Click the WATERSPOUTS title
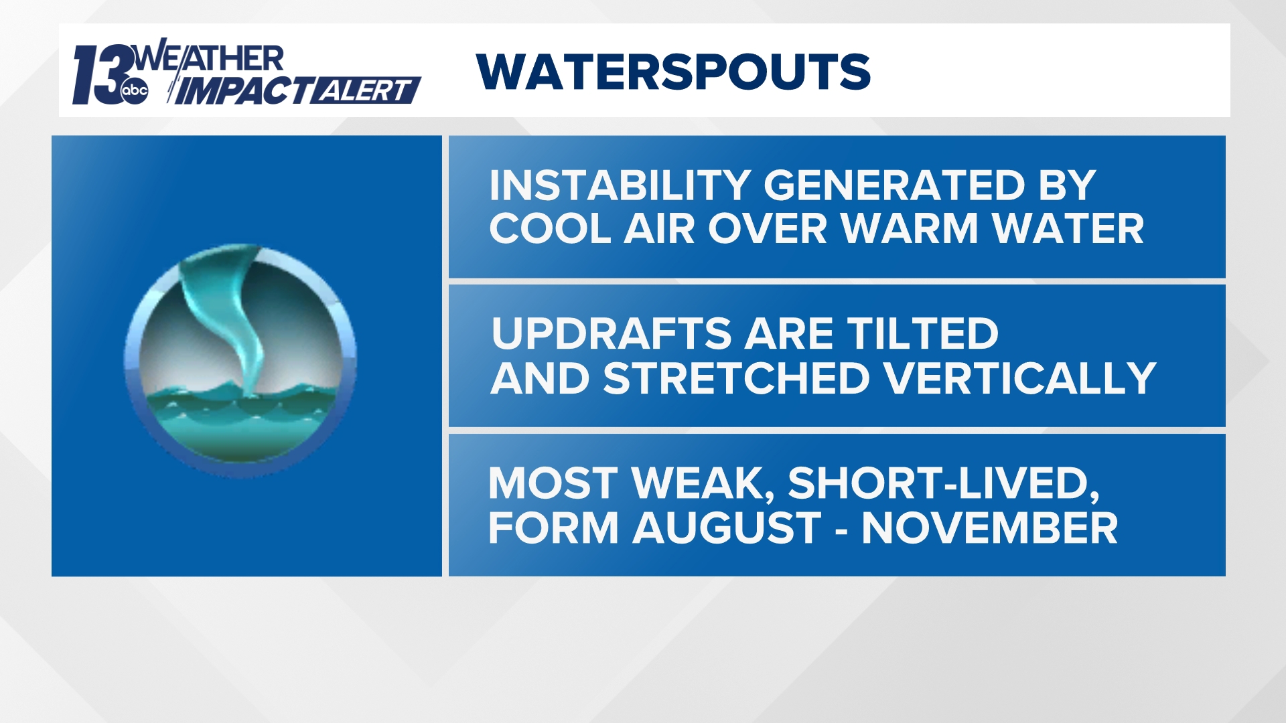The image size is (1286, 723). pos(673,72)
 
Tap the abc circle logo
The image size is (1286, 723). pos(135,91)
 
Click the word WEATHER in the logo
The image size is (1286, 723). pos(209,58)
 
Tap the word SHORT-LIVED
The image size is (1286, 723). pos(943,483)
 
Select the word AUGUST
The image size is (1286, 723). pos(727,528)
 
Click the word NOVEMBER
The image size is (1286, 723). pos(989,528)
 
